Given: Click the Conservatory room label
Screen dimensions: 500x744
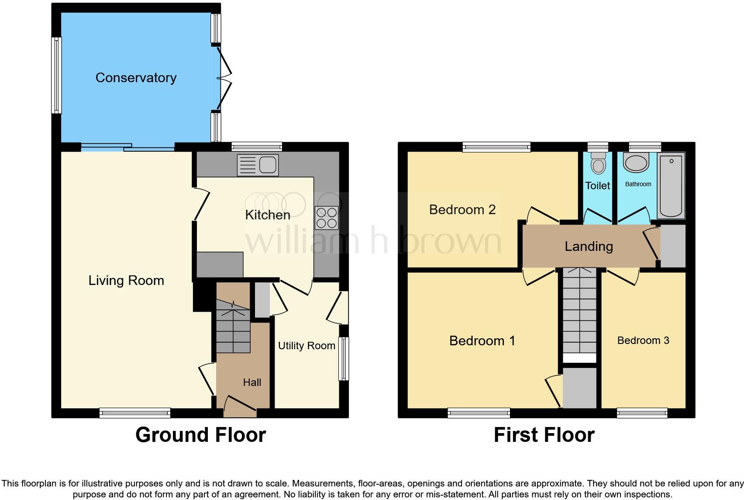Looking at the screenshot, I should tap(136, 78).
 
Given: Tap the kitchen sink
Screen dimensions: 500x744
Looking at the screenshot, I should tap(258, 165).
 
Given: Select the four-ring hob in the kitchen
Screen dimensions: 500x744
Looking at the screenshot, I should tap(327, 217).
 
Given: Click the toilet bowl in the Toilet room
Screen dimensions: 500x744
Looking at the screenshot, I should tap(598, 164).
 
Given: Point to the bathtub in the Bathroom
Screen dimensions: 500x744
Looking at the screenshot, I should tap(671, 185).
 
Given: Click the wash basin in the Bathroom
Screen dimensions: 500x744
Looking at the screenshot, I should tap(636, 162).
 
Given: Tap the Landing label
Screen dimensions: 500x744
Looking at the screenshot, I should tap(589, 247).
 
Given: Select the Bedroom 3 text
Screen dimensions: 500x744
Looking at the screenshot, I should tap(643, 340).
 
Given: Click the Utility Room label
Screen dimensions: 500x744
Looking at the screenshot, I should tap(307, 346).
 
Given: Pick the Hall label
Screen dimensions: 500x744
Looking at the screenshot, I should tap(252, 382).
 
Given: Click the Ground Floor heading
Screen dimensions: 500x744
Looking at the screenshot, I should tap(200, 435).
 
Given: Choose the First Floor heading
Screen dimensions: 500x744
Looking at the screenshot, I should tap(544, 435).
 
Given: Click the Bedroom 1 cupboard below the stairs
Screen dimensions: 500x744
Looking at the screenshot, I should tap(579, 388).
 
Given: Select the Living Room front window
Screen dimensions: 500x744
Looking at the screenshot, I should tap(134, 413).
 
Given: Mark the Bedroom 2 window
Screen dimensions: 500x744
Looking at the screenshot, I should tap(496, 147).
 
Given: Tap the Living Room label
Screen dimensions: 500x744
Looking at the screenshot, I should tap(126, 281).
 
